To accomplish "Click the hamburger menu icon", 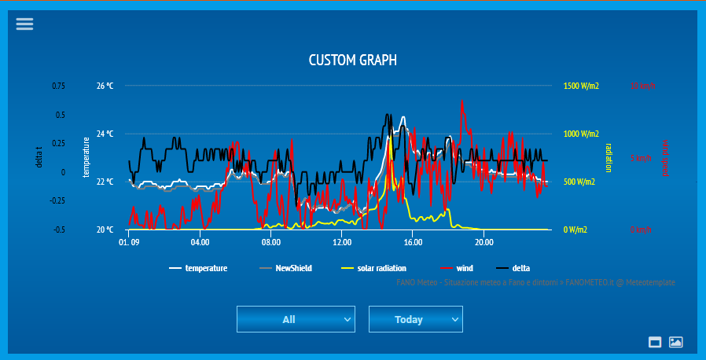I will point(25,24).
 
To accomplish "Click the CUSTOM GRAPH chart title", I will point(352,60).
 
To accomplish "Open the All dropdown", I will point(296,319).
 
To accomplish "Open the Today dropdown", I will point(415,319).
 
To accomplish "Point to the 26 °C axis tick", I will point(105,86).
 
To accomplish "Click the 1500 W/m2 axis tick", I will point(581,86).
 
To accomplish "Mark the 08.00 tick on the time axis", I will point(270,243).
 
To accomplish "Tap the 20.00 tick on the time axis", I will point(484,243).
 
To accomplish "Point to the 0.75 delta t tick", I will point(59,86).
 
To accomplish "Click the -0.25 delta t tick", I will point(57,200).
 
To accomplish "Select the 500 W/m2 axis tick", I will point(579,182).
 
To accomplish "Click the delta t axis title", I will point(39,157).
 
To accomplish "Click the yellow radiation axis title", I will point(608,157).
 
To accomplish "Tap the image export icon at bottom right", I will point(675,342).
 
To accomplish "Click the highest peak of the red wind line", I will point(462,101).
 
